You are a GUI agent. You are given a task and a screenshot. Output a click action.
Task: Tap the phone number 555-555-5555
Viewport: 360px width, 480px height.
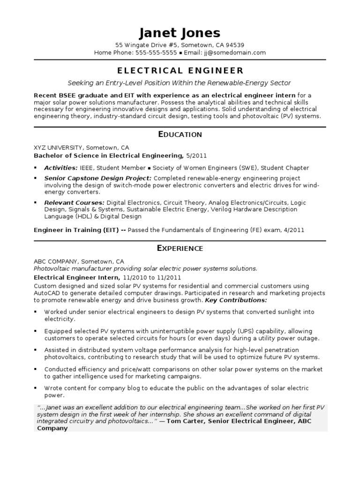[x=156, y=53]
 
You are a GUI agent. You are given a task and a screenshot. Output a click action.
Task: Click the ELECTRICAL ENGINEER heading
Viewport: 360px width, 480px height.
[x=180, y=71]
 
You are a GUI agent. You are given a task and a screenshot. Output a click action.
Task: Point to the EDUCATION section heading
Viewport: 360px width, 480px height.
[x=180, y=135]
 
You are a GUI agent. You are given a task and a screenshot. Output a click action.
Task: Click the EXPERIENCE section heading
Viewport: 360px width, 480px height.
[x=180, y=248]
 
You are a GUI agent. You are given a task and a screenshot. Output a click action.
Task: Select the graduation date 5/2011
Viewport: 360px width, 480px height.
[x=196, y=156]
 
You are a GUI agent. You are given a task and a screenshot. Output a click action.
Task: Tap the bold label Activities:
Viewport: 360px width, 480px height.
[x=61, y=168]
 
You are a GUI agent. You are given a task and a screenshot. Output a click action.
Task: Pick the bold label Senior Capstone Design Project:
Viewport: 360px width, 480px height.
[x=97, y=178]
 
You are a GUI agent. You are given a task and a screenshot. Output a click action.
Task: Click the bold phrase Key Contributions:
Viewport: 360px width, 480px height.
[x=236, y=300]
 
